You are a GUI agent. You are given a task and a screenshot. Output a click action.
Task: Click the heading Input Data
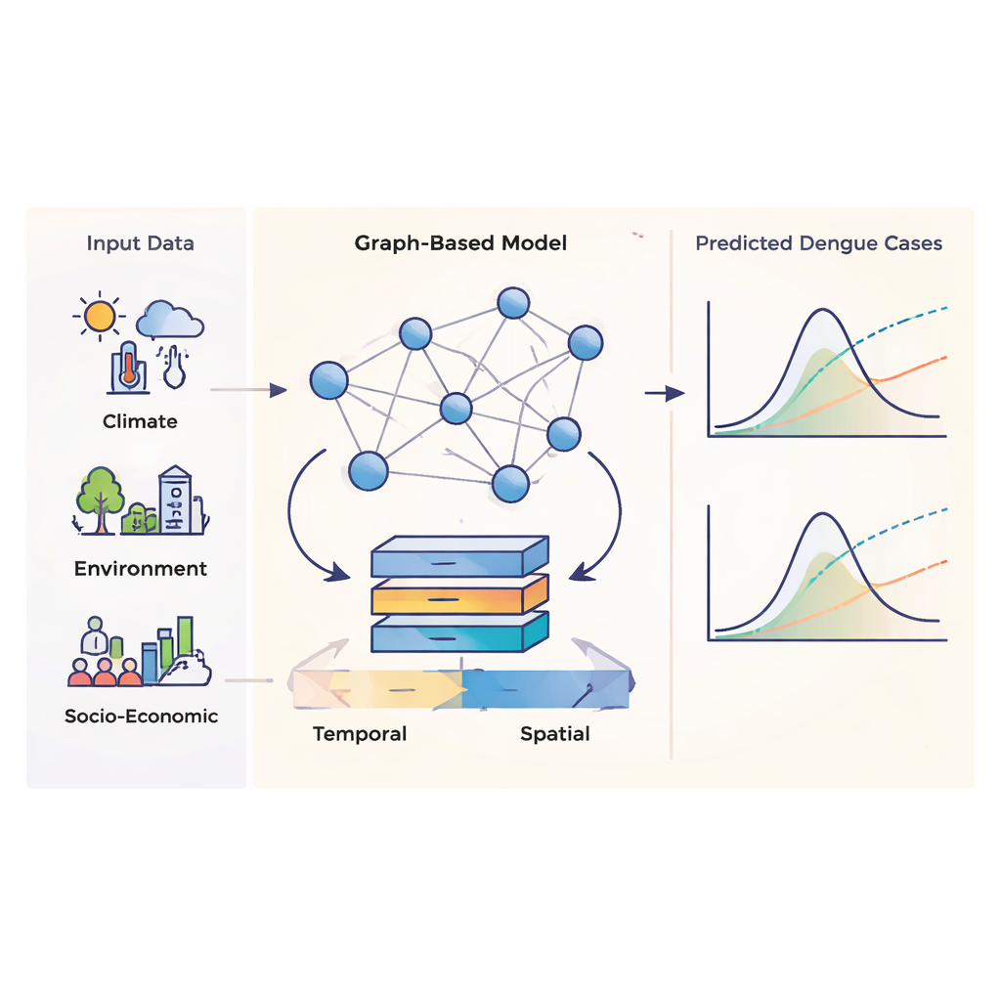(x=140, y=243)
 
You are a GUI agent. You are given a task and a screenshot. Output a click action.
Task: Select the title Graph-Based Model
(x=460, y=242)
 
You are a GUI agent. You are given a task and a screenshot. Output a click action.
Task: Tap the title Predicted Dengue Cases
(x=818, y=243)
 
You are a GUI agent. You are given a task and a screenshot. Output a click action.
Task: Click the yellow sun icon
(x=99, y=315)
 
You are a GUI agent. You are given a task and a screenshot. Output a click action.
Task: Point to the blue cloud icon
(x=170, y=320)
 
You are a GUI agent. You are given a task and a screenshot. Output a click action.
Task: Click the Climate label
(x=140, y=421)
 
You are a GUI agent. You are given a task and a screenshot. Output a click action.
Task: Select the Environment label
(x=141, y=568)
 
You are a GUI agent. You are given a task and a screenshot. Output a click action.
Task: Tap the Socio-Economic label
(x=141, y=716)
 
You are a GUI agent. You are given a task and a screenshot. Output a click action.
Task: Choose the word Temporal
(x=359, y=733)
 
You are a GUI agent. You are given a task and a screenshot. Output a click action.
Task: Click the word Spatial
(x=554, y=733)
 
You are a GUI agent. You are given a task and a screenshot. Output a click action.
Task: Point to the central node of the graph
(x=456, y=409)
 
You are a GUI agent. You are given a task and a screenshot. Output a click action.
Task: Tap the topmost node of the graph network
(x=513, y=303)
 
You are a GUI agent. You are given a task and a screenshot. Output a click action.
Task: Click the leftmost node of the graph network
(x=328, y=380)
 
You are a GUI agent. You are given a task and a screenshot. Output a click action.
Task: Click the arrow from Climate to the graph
(x=248, y=391)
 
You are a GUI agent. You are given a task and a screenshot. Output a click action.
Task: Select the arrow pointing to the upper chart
(x=665, y=393)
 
